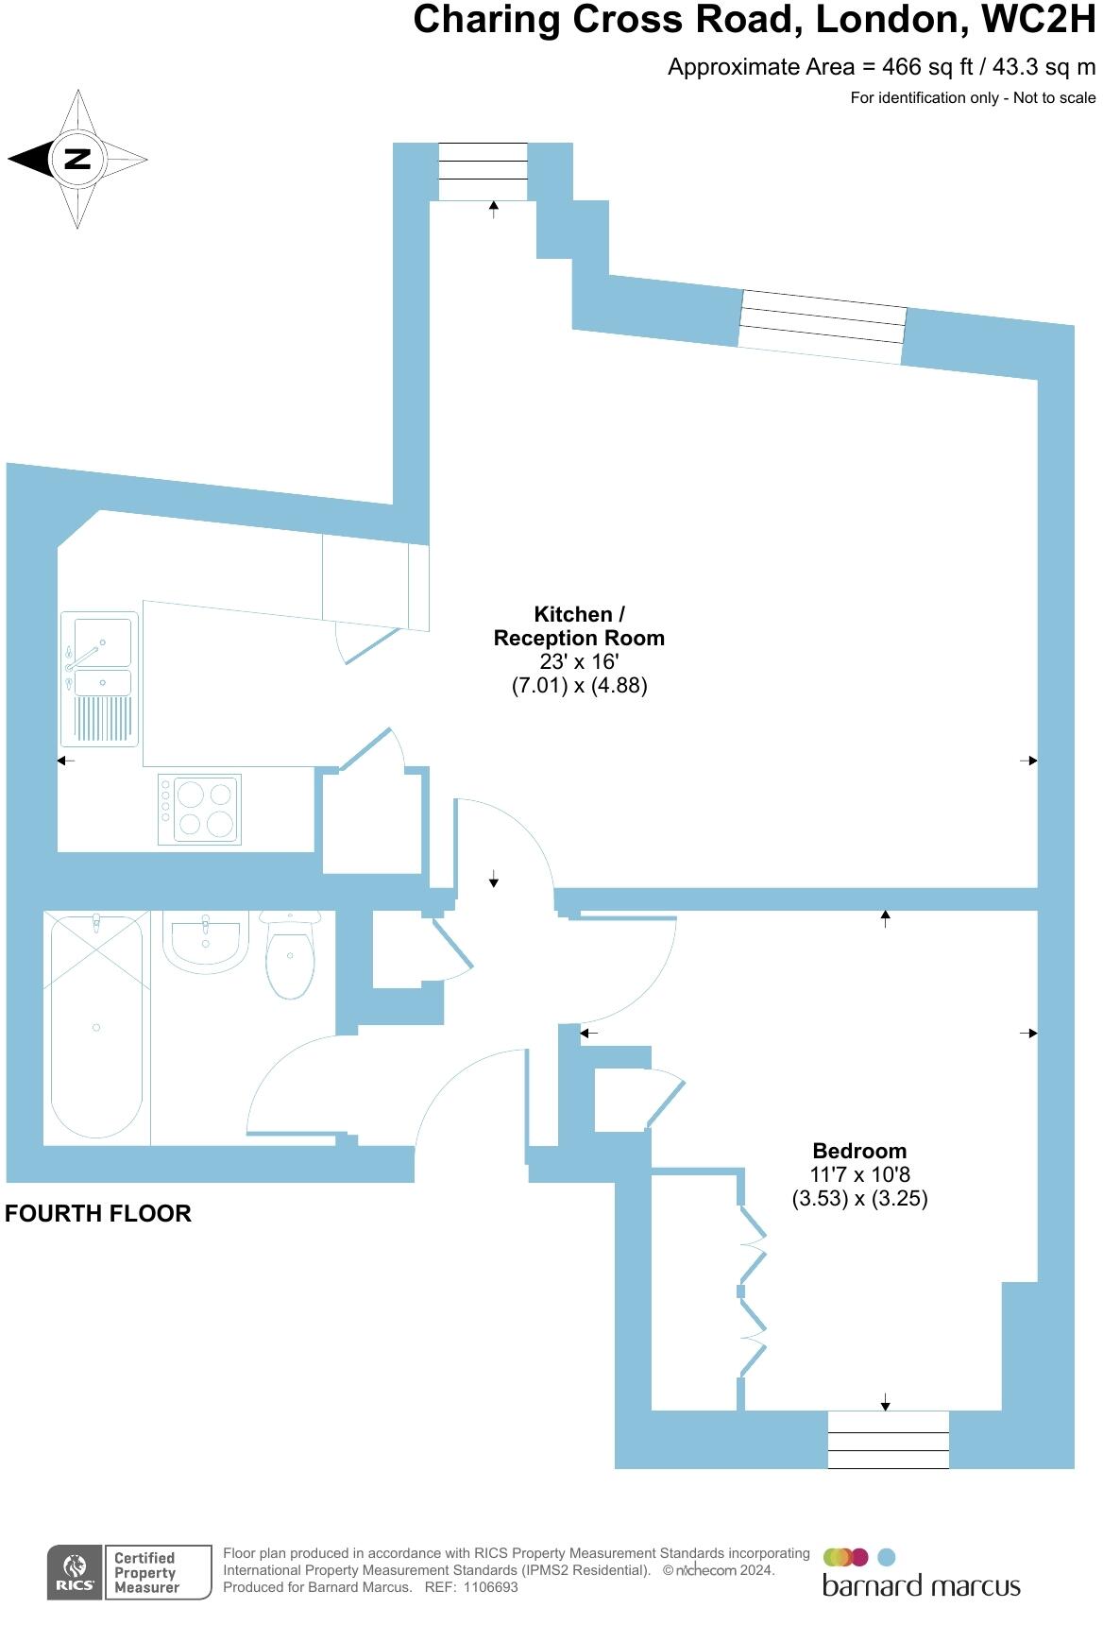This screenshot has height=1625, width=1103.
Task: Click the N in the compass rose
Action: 77,159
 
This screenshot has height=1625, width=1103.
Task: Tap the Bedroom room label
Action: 859,1151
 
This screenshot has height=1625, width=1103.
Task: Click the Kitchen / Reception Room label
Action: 579,626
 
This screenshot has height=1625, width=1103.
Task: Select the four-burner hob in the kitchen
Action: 200,810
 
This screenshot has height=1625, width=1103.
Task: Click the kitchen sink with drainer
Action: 99,677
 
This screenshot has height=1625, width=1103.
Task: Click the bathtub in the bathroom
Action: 96,1028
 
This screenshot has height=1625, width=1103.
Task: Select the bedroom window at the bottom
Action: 888,1440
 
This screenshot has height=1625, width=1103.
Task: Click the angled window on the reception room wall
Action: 822,327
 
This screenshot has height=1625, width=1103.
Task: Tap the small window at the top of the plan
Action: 483,171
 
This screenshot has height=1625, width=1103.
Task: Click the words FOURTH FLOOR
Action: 98,1214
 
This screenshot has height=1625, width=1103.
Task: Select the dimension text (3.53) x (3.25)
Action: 859,1199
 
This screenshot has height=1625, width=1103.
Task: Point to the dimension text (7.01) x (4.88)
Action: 579,686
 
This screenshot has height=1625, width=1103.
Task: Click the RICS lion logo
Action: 75,1573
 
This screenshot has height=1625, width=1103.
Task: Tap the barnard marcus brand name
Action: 921,1586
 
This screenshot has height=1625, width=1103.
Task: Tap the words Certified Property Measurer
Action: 146,1573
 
